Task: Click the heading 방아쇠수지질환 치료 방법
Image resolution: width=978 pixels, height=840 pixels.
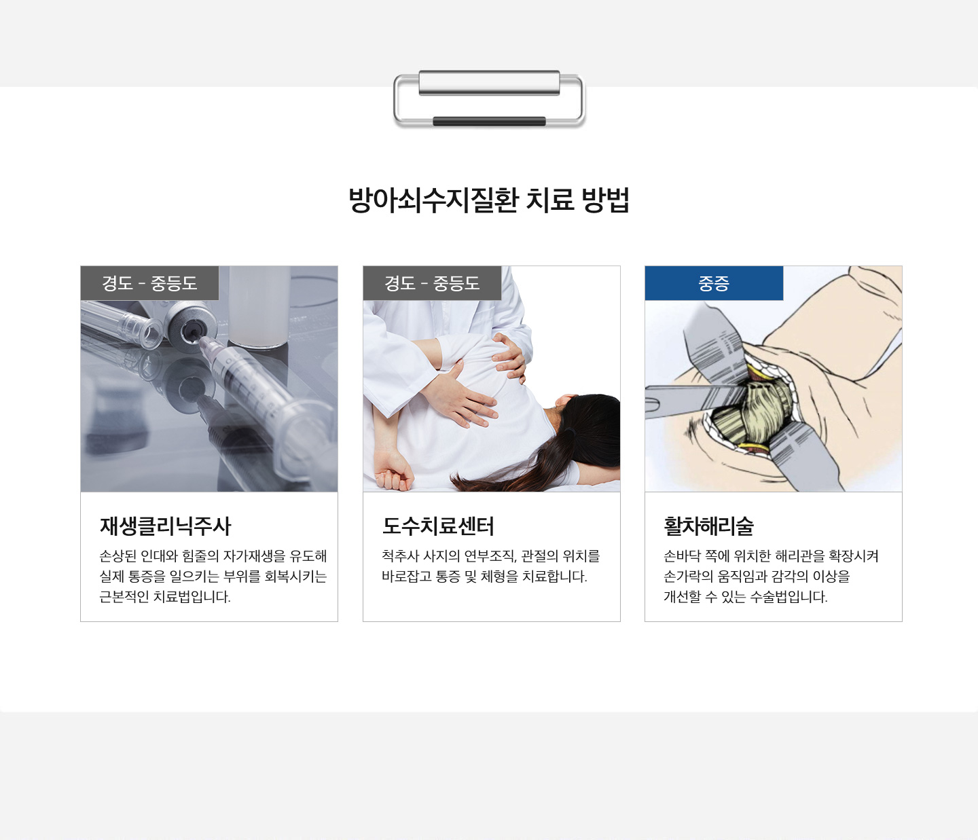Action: (489, 200)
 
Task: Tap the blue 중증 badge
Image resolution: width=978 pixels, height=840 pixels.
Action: (714, 283)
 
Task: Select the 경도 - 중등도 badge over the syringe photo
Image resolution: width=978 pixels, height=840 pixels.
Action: (149, 283)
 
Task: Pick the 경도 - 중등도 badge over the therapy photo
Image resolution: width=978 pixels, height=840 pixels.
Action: (432, 283)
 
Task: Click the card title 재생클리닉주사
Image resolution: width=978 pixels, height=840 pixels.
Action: (165, 526)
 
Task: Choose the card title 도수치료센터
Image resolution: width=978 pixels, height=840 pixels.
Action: (438, 526)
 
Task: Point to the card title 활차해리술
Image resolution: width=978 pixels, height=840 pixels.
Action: (709, 526)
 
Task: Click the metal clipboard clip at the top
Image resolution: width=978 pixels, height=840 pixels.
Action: (489, 98)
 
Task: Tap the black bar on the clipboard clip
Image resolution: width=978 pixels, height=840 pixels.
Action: (489, 121)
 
